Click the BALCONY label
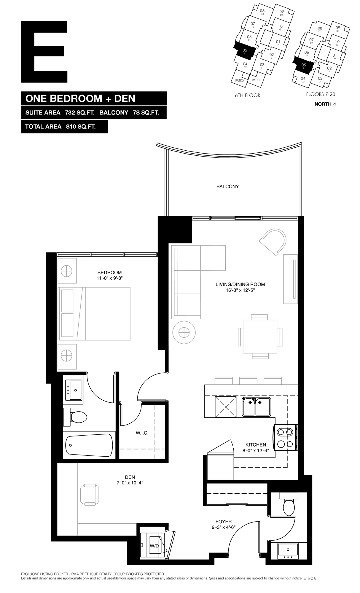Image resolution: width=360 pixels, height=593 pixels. [x=227, y=186]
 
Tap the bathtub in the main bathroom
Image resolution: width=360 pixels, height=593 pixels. [x=89, y=446]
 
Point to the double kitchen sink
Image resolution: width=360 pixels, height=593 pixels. [x=256, y=407]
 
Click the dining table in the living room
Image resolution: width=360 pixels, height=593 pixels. [x=260, y=336]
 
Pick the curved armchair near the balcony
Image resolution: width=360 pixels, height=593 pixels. [x=273, y=242]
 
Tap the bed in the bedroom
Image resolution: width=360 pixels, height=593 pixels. [x=95, y=313]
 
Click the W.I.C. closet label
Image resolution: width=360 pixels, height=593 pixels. [x=142, y=433]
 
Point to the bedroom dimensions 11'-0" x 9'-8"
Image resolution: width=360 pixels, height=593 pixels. [x=110, y=278]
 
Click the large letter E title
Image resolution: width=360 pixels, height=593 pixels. [x=44, y=52]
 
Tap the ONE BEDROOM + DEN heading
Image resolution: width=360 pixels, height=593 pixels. [x=80, y=98]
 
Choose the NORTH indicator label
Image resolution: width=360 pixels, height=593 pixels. [x=325, y=104]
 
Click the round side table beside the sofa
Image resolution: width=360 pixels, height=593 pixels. [x=184, y=332]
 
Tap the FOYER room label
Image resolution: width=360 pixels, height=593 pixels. [x=224, y=522]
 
